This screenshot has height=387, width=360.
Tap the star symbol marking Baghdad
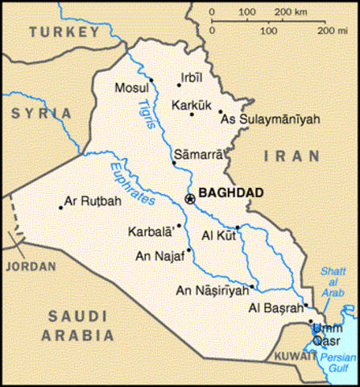[x=189, y=198]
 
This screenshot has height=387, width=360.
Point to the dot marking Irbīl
[x=179, y=83]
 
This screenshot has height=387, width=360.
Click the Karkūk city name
[x=191, y=103]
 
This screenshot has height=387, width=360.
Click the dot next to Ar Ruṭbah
[x=60, y=207]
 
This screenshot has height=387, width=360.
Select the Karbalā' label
[x=151, y=231]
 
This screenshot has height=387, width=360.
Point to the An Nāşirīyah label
[x=211, y=291]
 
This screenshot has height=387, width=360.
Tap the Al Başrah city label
[x=276, y=308]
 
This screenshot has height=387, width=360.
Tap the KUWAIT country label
[x=288, y=355]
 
